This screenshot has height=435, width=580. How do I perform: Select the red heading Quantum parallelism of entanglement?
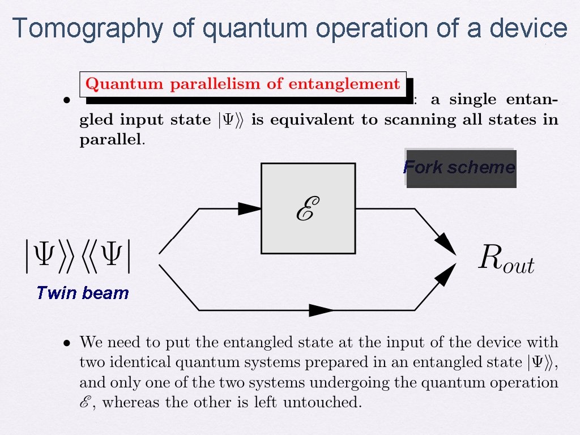[x=243, y=84]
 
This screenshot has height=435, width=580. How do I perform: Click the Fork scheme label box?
[x=460, y=168]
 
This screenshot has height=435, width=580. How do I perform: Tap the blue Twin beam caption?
[x=82, y=293]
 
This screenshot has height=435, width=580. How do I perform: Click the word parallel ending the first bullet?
[x=111, y=140]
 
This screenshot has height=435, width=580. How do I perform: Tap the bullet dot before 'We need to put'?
[x=67, y=343]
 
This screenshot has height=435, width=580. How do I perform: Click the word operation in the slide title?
[x=378, y=28]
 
